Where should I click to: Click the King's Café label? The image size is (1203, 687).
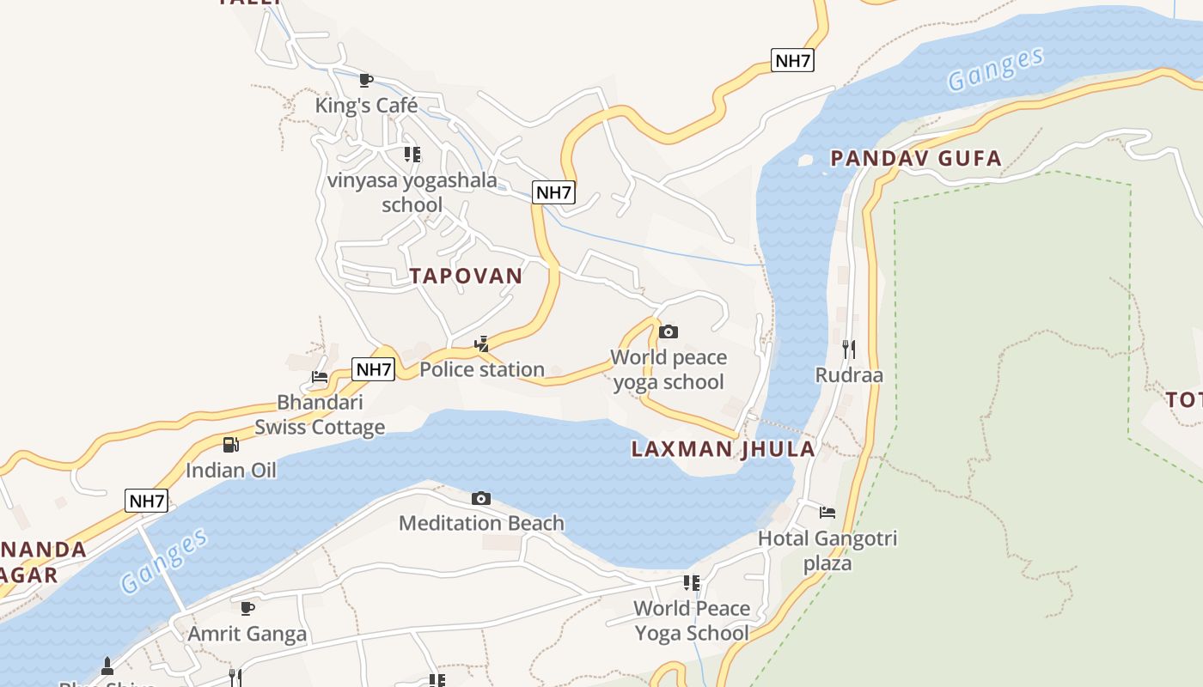click(366, 106)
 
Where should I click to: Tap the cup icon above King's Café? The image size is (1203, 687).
click(366, 80)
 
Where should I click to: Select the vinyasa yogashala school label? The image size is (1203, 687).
click(412, 192)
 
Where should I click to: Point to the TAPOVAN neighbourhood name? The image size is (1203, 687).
click(466, 276)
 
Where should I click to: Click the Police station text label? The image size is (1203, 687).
click(482, 369)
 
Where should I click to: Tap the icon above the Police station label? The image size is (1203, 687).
click(482, 344)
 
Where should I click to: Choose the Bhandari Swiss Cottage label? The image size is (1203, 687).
click(320, 415)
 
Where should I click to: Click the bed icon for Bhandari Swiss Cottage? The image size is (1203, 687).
click(320, 376)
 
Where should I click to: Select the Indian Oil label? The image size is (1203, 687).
click(231, 471)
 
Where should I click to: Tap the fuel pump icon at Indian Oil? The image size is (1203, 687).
click(231, 444)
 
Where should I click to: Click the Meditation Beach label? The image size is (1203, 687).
click(481, 523)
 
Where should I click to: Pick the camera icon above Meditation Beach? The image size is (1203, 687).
click(481, 498)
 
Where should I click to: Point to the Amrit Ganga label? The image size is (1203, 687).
click(247, 635)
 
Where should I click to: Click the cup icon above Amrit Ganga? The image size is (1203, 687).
click(247, 609)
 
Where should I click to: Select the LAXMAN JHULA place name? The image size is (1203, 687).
click(723, 449)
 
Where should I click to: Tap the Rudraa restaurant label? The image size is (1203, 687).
click(849, 375)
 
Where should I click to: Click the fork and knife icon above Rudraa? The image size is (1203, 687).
click(849, 349)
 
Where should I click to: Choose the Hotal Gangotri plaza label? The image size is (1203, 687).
click(827, 550)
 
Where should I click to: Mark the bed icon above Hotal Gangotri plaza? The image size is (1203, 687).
click(827, 513)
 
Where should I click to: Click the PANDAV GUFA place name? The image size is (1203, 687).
click(916, 158)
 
